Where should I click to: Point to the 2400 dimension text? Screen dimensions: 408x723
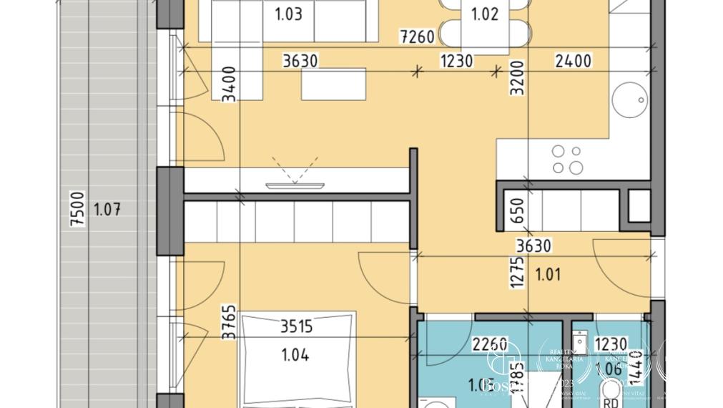coord(573,61)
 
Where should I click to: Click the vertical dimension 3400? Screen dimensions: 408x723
coord(229,84)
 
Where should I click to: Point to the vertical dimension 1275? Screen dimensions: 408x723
coord(518,272)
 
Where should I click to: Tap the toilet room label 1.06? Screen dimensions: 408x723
coord(614,369)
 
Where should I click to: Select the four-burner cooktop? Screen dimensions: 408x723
coord(567,160)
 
